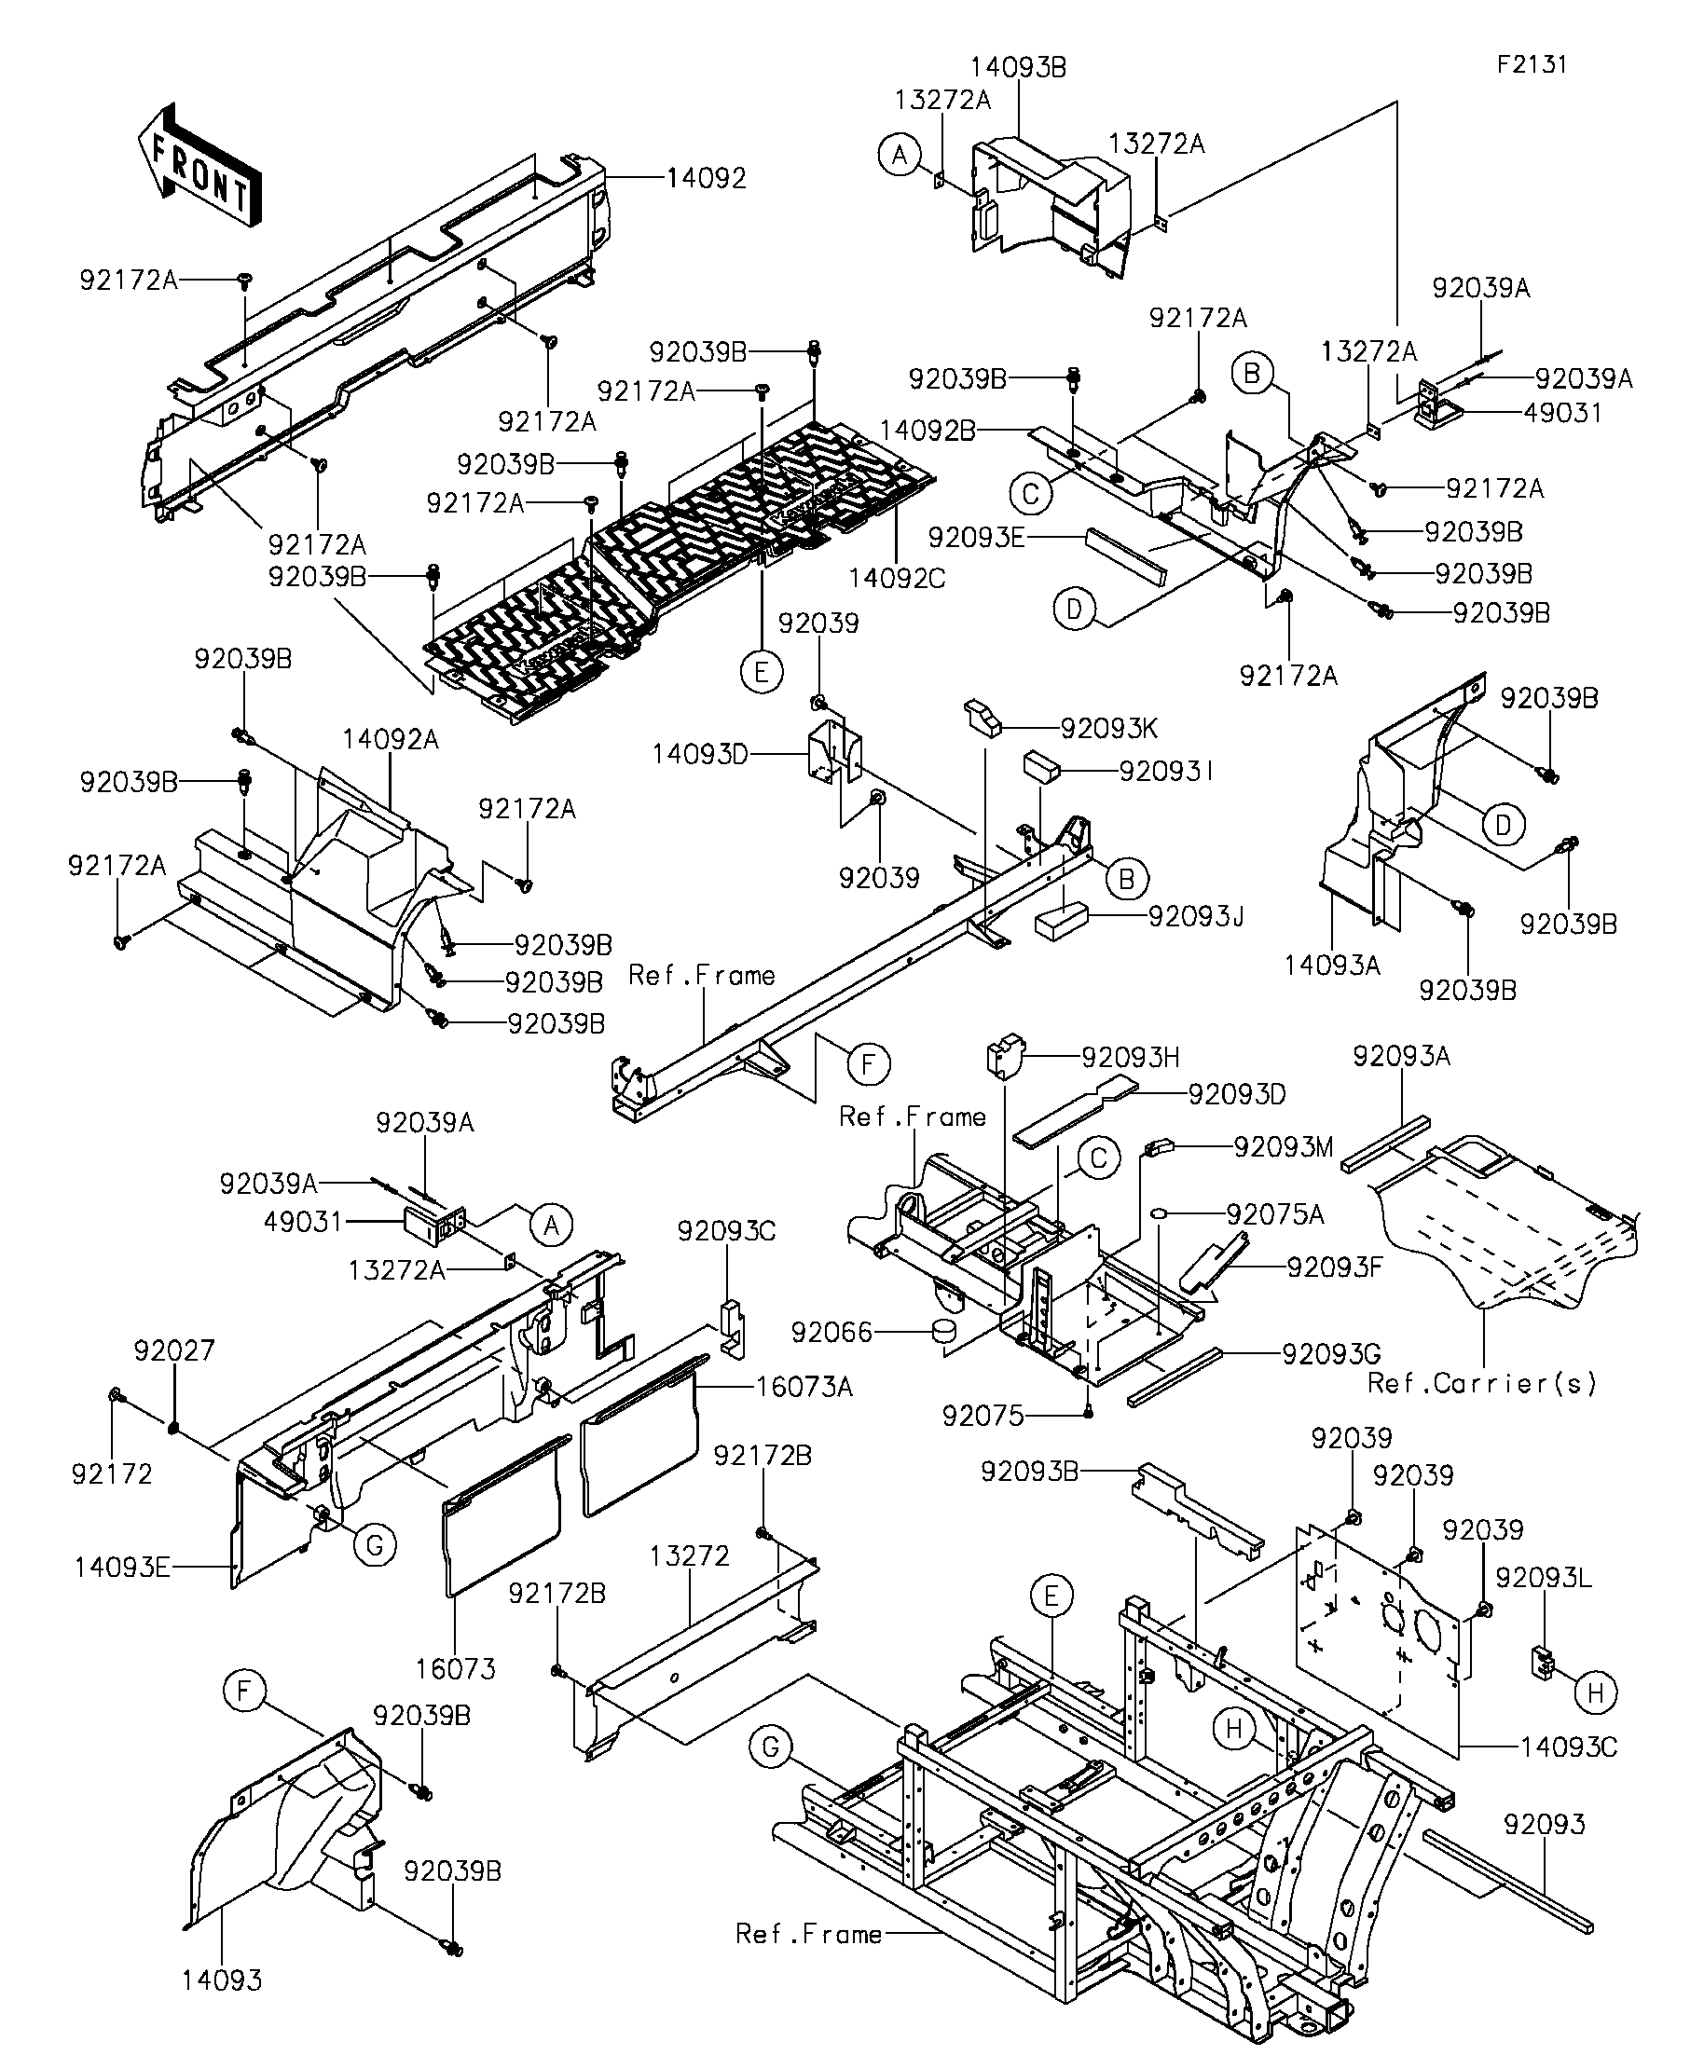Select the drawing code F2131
pos(1532,64)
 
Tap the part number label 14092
pos(706,178)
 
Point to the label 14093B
pos(1018,67)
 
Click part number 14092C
pos(897,579)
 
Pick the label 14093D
pos(700,755)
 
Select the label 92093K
pos(1109,728)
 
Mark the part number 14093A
pos(1332,966)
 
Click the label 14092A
pos(391,740)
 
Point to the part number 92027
pos(173,1350)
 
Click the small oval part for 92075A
pos(1160,1214)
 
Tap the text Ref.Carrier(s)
pos(1482,1383)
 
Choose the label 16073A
pos(804,1387)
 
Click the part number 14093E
pos(122,1568)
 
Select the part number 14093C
pos(1569,1747)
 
